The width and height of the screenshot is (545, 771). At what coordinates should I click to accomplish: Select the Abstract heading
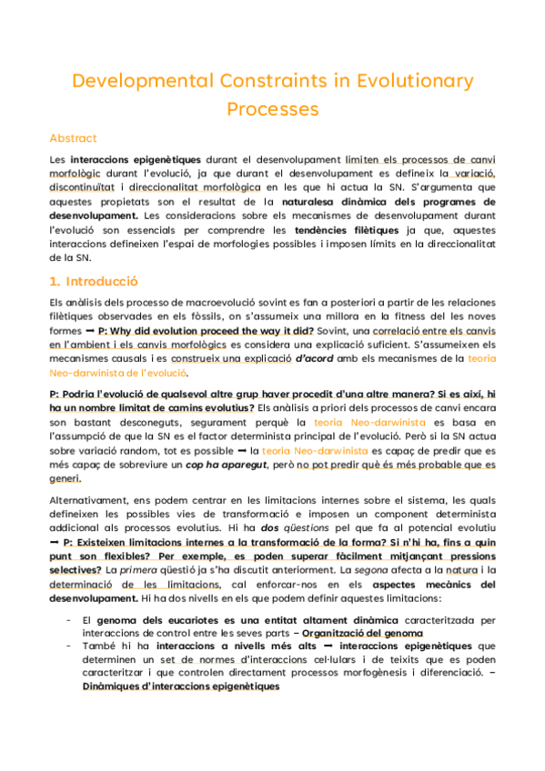[x=73, y=138]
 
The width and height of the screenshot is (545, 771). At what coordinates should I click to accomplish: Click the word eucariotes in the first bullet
[x=176, y=620]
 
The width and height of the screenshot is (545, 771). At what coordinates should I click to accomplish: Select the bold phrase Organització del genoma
[x=371, y=635]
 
